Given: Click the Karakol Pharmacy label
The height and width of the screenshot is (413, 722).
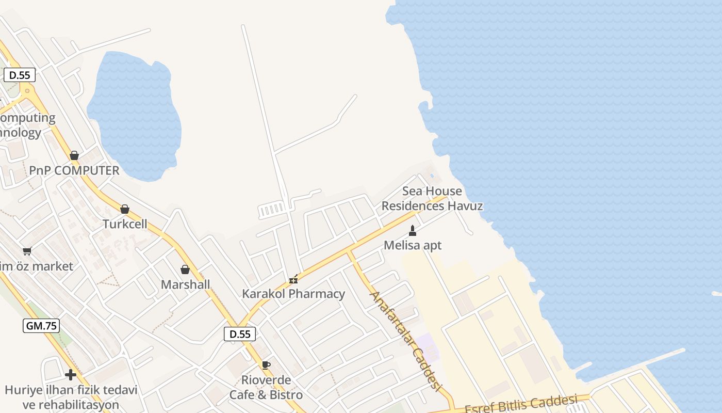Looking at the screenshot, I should [x=293, y=294].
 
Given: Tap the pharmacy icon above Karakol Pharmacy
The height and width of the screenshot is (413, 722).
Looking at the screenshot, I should [x=293, y=279].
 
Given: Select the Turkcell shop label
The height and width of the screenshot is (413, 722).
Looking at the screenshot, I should [x=125, y=224].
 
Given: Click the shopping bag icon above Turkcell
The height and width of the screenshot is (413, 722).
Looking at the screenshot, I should [x=124, y=209].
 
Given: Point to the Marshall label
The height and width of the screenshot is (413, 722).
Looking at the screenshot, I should [x=185, y=284].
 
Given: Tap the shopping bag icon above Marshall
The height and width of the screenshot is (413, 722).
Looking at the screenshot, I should [x=185, y=269].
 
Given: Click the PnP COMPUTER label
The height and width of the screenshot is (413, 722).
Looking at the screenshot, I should [x=74, y=170].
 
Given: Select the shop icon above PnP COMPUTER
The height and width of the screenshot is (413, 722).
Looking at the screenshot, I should [x=74, y=155].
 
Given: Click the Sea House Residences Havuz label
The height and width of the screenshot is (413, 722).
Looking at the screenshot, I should [x=432, y=199].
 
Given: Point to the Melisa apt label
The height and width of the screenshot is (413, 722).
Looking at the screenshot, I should [x=413, y=245].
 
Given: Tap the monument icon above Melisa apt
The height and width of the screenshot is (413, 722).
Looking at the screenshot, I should [x=413, y=230].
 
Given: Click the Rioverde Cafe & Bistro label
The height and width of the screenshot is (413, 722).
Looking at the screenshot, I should [x=266, y=387].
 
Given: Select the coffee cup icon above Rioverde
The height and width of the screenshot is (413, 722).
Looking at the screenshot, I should [x=266, y=366].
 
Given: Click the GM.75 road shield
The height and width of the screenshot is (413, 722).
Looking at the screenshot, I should [x=41, y=326].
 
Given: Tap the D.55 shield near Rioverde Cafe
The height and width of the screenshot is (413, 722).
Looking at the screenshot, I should [x=240, y=334].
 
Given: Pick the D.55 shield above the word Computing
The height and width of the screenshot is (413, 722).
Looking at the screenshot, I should [x=20, y=75].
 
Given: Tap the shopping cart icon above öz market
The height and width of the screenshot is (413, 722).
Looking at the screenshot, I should [x=27, y=251].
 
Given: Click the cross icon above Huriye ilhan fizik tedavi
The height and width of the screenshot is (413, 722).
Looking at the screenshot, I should [x=71, y=375].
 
